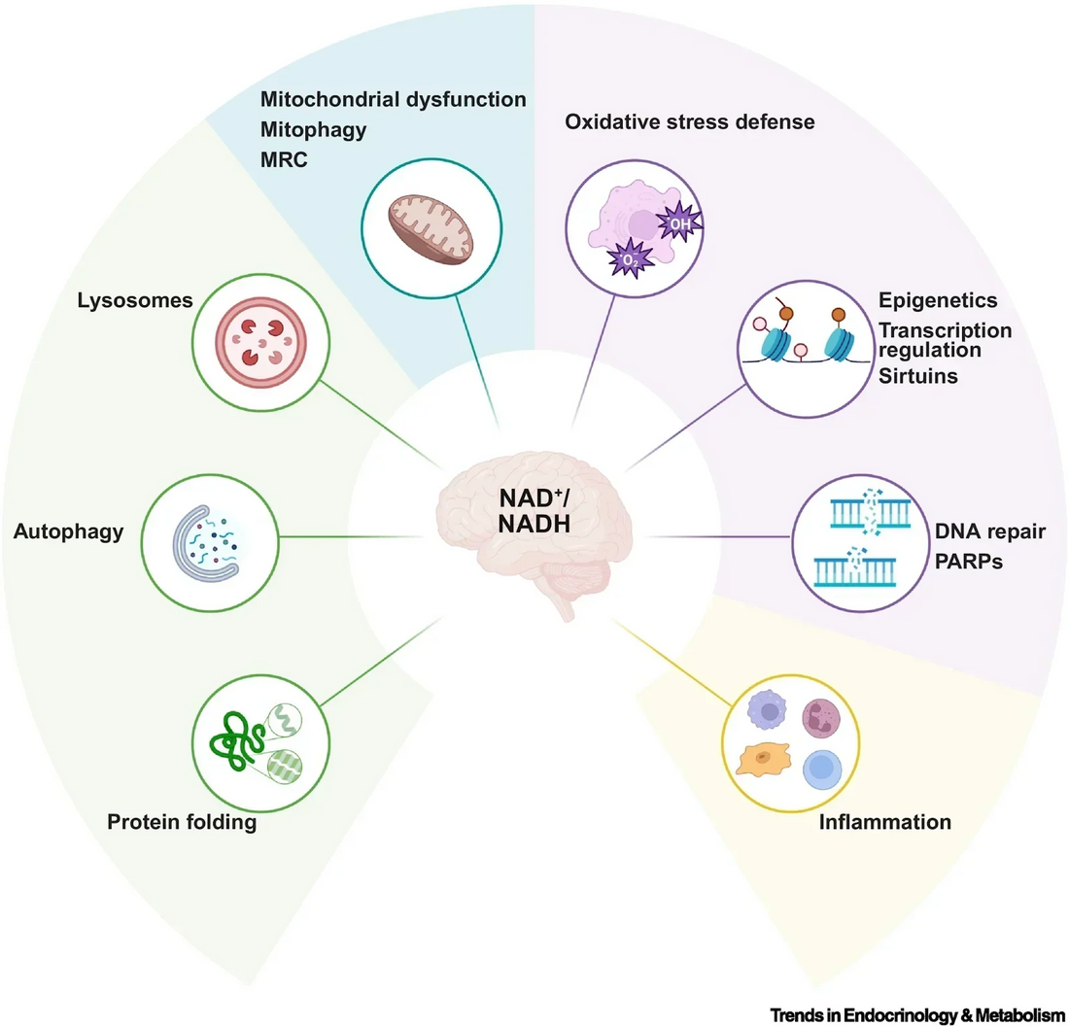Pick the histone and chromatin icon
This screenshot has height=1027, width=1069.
[803, 345]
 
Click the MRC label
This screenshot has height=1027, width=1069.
[285, 159]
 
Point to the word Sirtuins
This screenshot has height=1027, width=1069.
[918, 375]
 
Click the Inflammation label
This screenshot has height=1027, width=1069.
[884, 822]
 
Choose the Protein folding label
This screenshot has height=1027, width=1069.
[182, 823]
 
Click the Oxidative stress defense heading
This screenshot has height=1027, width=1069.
[690, 122]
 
